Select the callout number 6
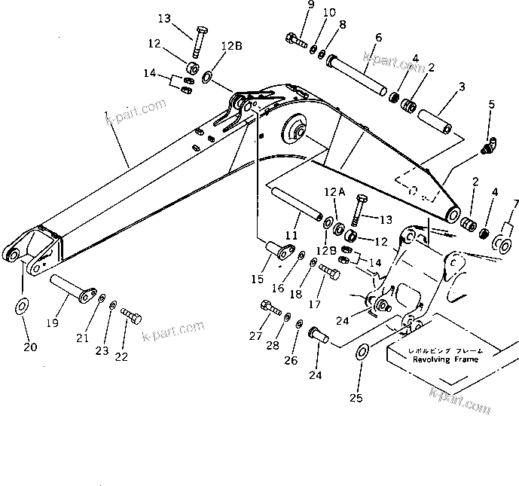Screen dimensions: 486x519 (x=378, y=38)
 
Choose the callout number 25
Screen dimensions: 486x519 (x=359, y=398)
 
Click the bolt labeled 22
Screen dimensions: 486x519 (x=132, y=316)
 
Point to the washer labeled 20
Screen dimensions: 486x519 (x=23, y=305)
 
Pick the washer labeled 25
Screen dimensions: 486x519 (x=362, y=351)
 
